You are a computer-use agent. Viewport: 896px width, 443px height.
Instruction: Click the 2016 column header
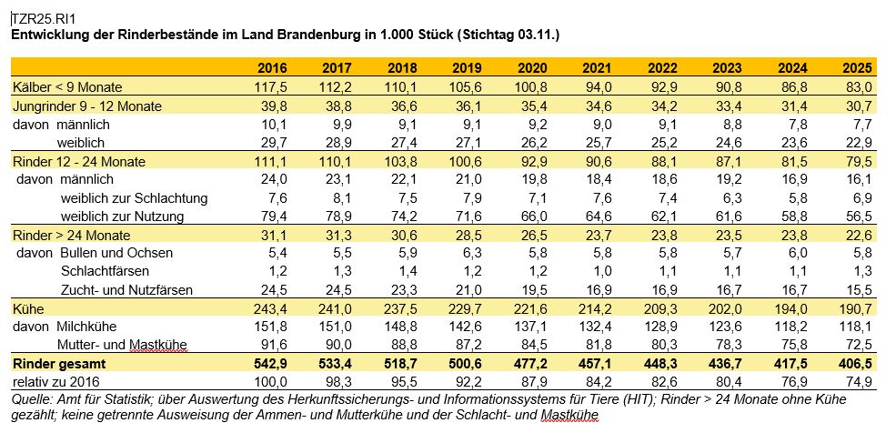coord(272,68)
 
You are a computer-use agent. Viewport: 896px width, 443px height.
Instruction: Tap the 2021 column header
coord(597,68)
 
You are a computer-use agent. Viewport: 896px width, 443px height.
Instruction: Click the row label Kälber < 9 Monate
coord(67,87)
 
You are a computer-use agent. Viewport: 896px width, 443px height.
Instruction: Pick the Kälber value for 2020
coord(532,87)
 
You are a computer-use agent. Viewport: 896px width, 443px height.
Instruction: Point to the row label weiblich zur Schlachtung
coord(135,198)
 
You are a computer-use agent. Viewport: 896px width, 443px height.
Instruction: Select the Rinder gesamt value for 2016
coord(272,364)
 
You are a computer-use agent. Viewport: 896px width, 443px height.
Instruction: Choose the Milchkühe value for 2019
coord(468,327)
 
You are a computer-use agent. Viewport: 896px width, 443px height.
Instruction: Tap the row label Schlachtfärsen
coord(105,271)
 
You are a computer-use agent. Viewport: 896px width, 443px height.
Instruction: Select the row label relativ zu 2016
coord(56,382)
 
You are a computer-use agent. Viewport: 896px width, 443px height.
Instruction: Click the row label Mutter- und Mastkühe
coord(122,345)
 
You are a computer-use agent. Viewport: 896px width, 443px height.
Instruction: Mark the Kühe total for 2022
coord(662,309)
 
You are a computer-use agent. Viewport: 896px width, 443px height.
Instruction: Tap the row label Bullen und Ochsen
coord(116,253)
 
